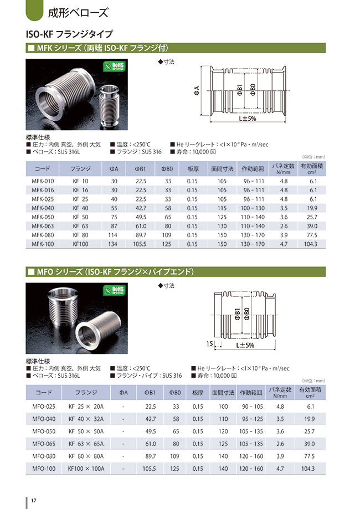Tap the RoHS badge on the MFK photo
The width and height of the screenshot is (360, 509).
click(114, 67)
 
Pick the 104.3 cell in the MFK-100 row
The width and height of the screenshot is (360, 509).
click(313, 243)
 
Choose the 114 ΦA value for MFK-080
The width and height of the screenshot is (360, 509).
click(114, 234)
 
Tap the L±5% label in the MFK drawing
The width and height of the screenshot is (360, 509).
click(247, 120)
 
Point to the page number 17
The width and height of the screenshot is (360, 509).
click(34, 501)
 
